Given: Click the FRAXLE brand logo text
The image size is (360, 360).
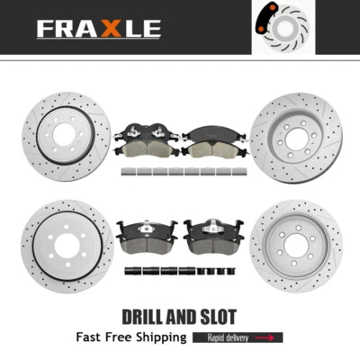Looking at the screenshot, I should tap(98, 28).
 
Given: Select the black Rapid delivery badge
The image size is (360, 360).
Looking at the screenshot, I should tap(238, 337).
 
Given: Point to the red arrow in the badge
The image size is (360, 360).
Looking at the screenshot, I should tap(266, 337).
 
